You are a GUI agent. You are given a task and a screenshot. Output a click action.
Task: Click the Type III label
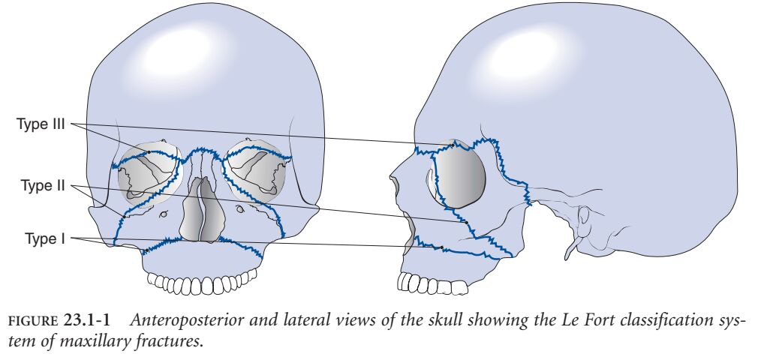[42, 124]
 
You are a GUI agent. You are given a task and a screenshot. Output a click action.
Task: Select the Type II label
[44, 185]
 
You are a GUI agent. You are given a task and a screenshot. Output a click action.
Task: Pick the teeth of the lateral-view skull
[432, 283]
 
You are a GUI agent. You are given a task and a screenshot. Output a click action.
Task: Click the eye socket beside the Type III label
[151, 172]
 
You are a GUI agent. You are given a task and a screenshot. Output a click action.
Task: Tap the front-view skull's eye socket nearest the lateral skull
[257, 169]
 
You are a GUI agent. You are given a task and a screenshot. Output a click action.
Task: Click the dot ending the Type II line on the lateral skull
[467, 222]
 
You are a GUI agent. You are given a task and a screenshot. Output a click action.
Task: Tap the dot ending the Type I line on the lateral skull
[443, 247]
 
